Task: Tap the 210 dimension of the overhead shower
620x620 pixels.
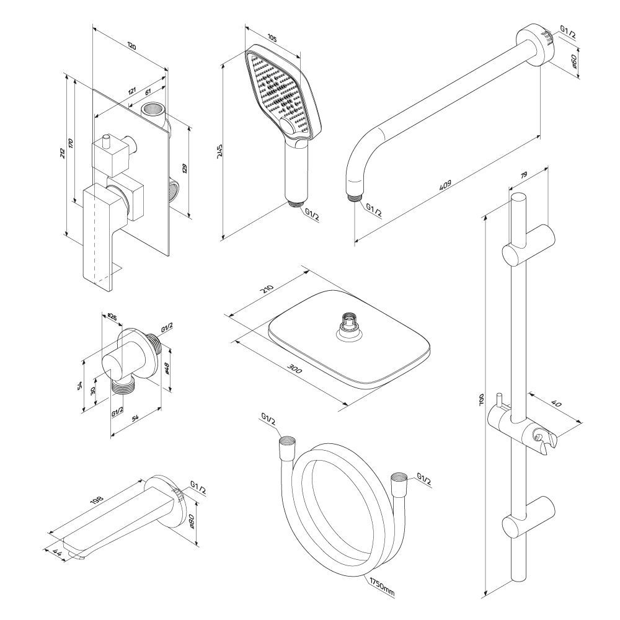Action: [267, 290]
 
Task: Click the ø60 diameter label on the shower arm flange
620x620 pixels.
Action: [574, 61]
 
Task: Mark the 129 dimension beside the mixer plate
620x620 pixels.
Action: [185, 169]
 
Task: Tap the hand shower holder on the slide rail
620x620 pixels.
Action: [542, 437]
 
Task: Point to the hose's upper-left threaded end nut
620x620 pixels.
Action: [287, 443]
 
